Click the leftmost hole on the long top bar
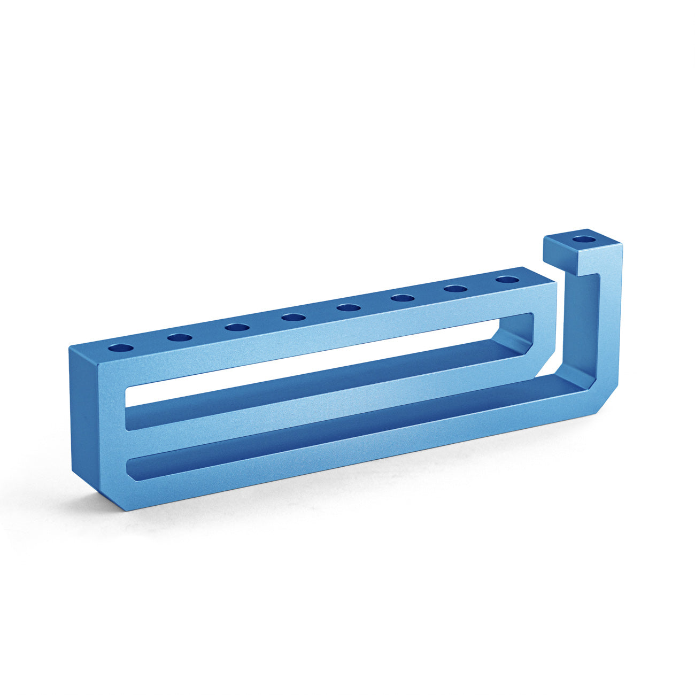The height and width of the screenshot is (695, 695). pos(121,348)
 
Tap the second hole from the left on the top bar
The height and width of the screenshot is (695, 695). pos(180,337)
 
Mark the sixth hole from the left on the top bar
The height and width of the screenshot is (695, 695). pos(403,298)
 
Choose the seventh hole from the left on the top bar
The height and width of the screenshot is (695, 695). pos(456,289)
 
